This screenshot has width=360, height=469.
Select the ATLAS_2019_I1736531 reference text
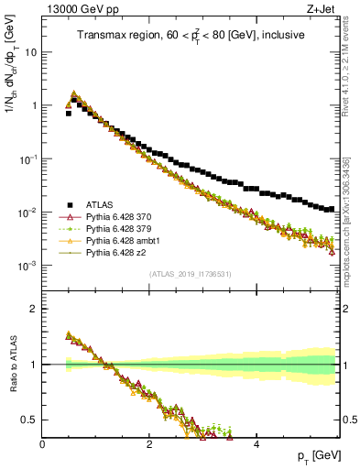click(190, 275)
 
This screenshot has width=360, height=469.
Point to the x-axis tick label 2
click(149, 444)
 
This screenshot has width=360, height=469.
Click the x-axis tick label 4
click(256, 444)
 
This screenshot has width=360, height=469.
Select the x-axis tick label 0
click(43, 444)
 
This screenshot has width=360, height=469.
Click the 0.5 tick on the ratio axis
click(29, 420)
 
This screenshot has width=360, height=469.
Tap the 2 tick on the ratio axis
click(33, 309)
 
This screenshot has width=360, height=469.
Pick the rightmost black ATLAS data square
click(332, 209)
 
